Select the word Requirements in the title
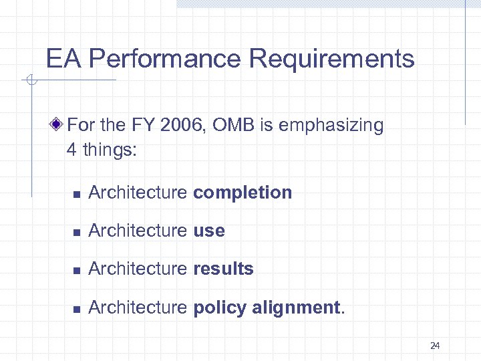click(x=332, y=59)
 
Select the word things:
click(x=110, y=150)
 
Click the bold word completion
click(x=243, y=193)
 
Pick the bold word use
click(x=209, y=231)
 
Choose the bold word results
click(x=223, y=269)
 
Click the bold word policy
click(x=218, y=308)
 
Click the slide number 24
click(x=435, y=346)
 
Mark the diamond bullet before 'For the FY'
click(x=58, y=124)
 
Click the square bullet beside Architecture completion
click(x=77, y=194)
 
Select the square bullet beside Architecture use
click(x=77, y=232)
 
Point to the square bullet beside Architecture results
click(x=77, y=270)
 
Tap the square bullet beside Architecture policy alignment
click(x=77, y=308)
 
